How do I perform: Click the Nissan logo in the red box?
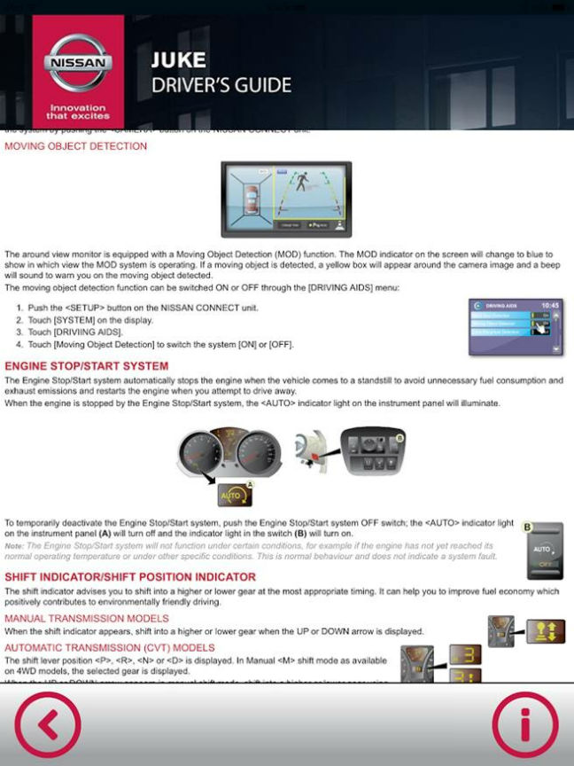point(78,65)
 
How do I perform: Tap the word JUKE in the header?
point(178,61)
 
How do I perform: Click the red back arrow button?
point(48,723)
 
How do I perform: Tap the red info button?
point(525,723)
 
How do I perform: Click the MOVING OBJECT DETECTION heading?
point(76,146)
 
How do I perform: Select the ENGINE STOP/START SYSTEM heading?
point(86,366)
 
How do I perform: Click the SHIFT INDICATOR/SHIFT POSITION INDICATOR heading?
point(130,577)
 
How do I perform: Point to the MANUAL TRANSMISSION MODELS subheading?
point(87,618)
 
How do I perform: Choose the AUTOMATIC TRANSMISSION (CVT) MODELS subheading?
point(110,647)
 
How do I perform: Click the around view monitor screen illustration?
point(285,199)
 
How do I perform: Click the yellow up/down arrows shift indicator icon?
point(546,631)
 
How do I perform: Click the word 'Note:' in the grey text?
point(14,545)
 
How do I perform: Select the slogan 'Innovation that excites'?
point(78,112)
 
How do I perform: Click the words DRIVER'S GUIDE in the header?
point(221,86)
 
